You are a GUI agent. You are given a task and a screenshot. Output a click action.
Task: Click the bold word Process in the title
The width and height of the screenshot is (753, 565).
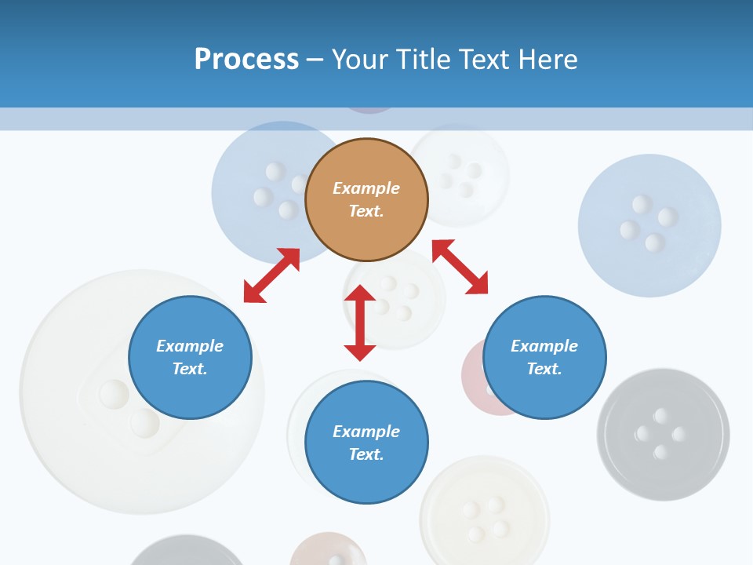click(x=246, y=60)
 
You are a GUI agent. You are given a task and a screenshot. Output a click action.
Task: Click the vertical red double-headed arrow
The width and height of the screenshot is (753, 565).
click(x=360, y=323)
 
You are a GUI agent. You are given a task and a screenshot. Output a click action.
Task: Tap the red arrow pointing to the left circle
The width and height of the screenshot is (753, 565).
click(x=271, y=275)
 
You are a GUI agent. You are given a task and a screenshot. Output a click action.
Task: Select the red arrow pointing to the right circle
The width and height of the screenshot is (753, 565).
click(x=460, y=267)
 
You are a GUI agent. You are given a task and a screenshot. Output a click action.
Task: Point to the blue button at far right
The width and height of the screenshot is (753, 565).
click(x=649, y=225)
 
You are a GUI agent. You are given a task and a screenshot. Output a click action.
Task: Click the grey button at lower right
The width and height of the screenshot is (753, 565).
click(x=663, y=434)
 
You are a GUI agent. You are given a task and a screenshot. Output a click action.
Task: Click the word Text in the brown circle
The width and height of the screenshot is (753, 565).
click(x=366, y=211)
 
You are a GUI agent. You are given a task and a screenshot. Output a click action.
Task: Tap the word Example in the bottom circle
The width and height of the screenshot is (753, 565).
click(x=366, y=432)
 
